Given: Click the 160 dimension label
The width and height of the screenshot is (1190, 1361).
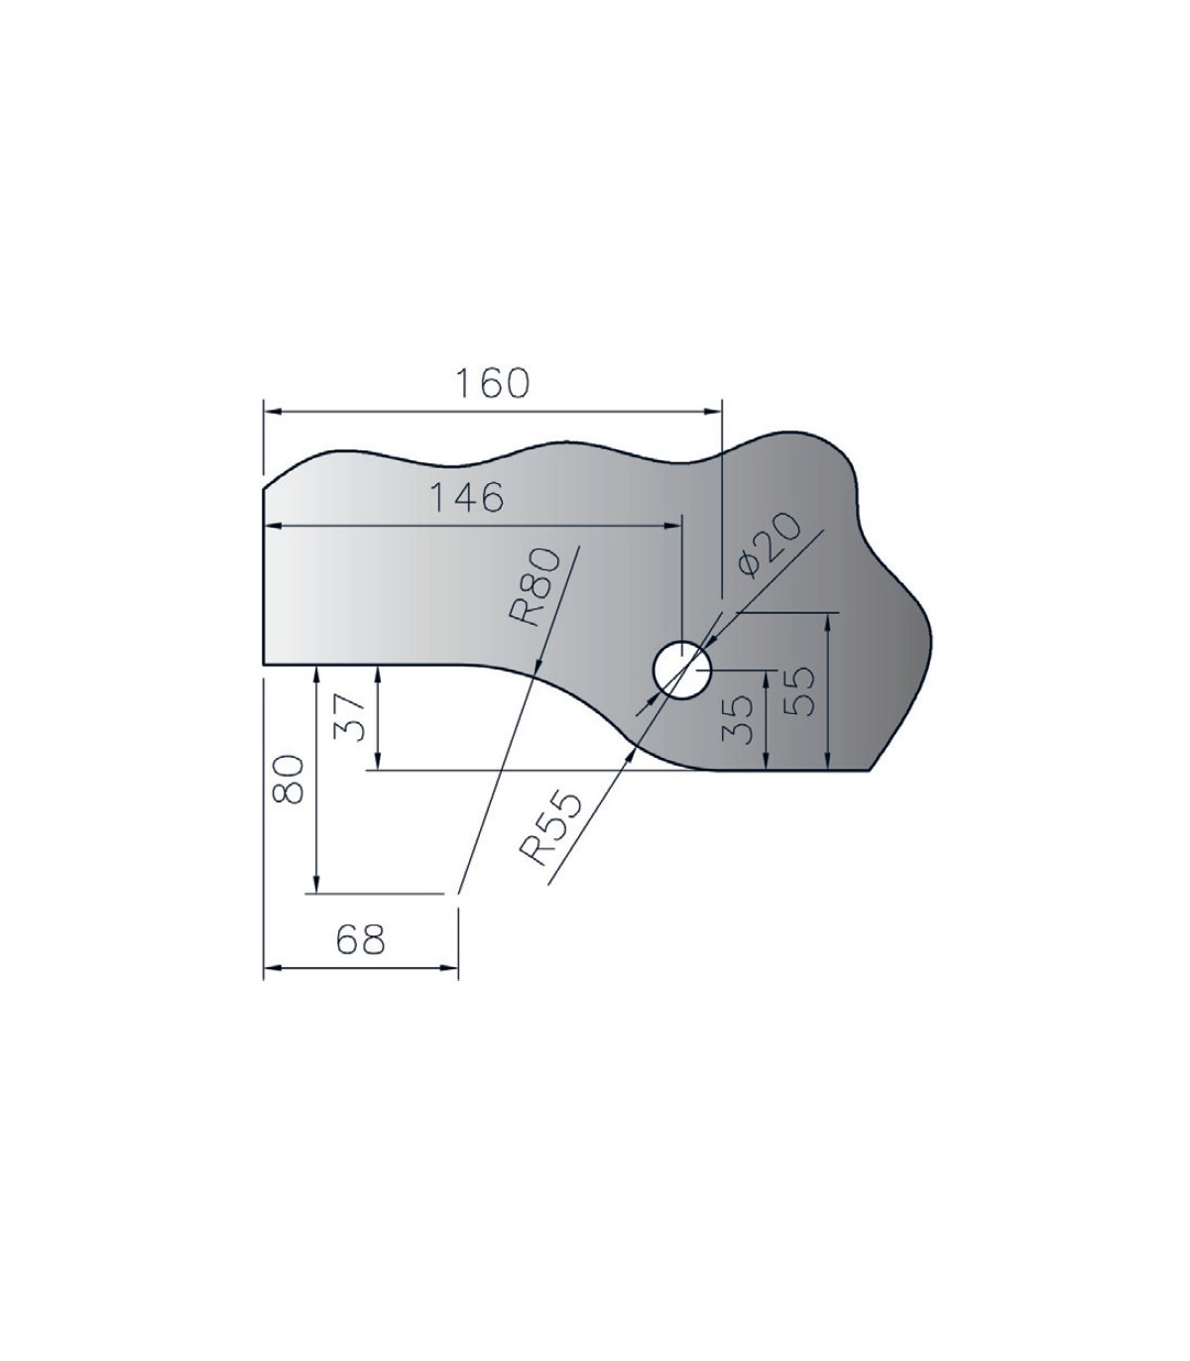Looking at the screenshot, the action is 492,384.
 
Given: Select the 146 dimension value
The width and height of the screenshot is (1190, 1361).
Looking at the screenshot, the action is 467,498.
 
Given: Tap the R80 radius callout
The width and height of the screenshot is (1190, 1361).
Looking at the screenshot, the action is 535,587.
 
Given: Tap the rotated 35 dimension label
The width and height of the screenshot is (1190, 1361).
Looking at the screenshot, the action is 737,719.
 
